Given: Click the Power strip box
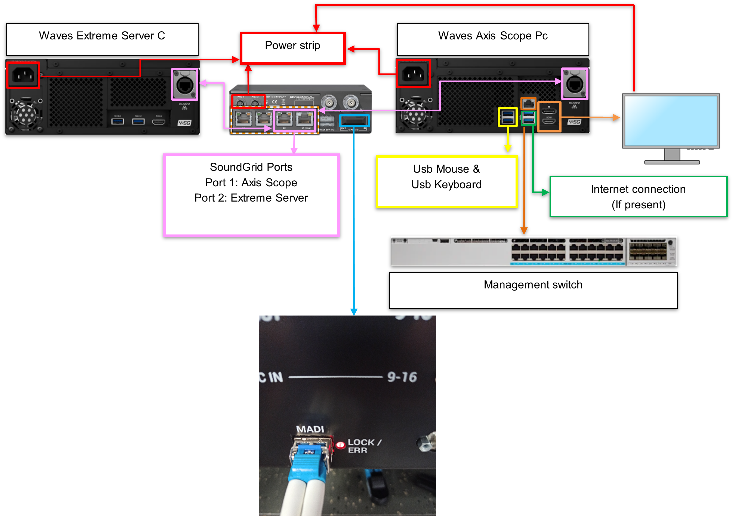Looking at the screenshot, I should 292,48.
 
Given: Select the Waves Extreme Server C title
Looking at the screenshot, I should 102,36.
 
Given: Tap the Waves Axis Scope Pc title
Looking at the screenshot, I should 493,36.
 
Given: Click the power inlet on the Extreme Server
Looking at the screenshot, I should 23,75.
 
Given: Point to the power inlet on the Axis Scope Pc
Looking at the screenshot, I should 414,74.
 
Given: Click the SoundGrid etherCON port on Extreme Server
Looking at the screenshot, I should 184,84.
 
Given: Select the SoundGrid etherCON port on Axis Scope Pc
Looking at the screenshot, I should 575,84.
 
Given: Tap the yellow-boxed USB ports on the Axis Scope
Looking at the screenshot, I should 507,117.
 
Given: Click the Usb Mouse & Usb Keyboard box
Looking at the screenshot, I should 446,181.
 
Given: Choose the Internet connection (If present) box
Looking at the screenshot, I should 638,196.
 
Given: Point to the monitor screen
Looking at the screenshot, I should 671,120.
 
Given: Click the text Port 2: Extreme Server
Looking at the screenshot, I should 251,198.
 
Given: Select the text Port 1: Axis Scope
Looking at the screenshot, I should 251,183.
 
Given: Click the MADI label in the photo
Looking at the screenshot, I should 310,429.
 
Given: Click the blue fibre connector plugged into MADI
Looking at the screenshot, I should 308,456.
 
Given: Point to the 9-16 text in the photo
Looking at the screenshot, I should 402,377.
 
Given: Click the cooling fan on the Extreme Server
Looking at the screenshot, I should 26,114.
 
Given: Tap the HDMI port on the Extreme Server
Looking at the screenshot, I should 159,122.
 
